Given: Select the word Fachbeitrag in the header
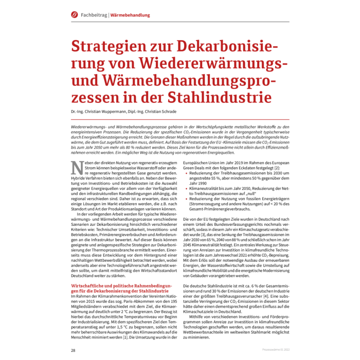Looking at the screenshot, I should (94, 15).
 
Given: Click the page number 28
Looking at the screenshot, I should (74, 350).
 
